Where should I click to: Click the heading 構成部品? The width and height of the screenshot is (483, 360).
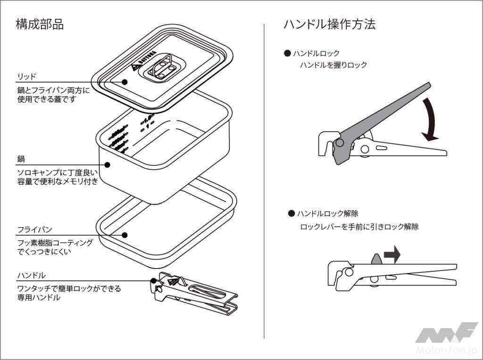(x=40, y=25)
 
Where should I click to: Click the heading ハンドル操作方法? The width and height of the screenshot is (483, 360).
(x=329, y=25)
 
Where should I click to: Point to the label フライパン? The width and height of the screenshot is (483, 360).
(x=34, y=230)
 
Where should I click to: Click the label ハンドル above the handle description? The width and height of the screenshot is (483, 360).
(x=32, y=275)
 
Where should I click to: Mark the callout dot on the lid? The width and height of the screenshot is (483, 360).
(x=125, y=82)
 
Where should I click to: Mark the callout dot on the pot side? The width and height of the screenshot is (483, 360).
(x=107, y=165)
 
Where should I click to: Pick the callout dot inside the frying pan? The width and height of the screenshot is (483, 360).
(x=125, y=235)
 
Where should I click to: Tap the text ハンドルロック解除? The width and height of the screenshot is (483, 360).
(x=331, y=214)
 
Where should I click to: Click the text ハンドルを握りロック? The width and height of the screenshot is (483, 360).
(x=333, y=65)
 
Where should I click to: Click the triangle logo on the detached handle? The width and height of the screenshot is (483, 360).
(x=173, y=281)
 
